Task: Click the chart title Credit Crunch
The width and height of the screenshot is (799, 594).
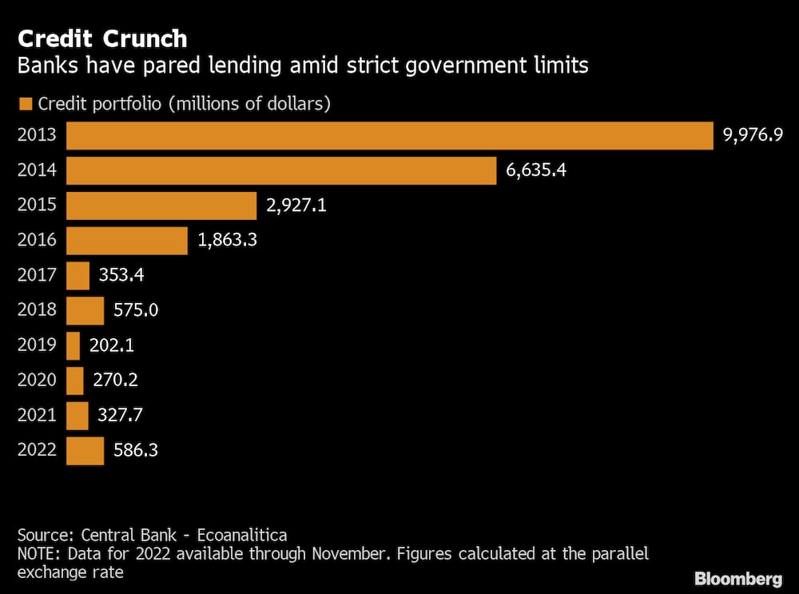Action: pyautogui.click(x=102, y=38)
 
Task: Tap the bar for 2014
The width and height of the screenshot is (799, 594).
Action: pyautogui.click(x=281, y=170)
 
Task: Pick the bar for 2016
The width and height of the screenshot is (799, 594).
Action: pyautogui.click(x=126, y=240)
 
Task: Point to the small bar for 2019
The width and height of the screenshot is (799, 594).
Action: pyautogui.click(x=73, y=345)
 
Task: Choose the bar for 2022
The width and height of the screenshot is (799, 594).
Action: pyautogui.click(x=85, y=450)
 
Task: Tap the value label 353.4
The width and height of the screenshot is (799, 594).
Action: pyautogui.click(x=121, y=276)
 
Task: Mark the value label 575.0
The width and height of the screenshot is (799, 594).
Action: pyautogui.click(x=136, y=310)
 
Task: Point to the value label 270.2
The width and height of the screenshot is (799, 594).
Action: pyautogui.click(x=116, y=381)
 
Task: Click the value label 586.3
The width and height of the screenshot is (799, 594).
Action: pyautogui.click(x=136, y=450)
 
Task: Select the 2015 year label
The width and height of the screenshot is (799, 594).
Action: pyautogui.click(x=37, y=205)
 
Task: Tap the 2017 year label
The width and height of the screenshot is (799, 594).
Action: pyautogui.click(x=37, y=276)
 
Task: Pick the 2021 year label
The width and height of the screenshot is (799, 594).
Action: pyautogui.click(x=37, y=416)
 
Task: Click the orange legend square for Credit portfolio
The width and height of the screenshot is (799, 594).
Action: pyautogui.click(x=25, y=104)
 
